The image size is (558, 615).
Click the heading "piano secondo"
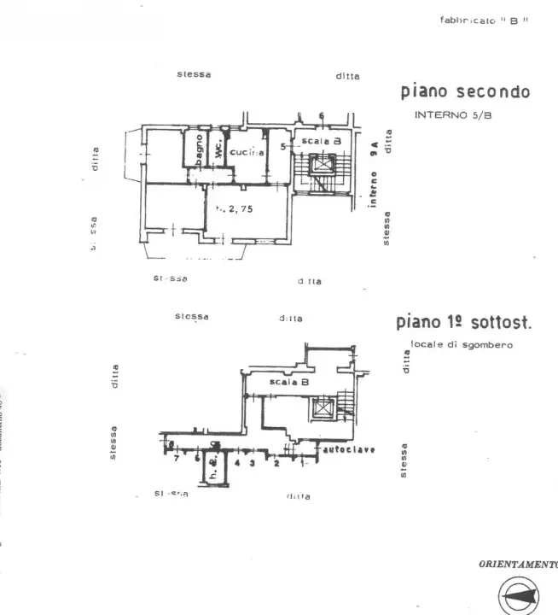coord(465,92)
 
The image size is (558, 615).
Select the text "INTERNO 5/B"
coord(452,114)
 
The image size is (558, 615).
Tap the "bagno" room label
coord(198,149)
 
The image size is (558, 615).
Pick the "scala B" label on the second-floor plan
coord(321,140)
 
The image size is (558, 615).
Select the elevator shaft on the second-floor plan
coord(322,164)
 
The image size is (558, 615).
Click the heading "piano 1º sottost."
coord(463,323)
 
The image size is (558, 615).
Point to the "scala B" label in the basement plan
coord(288,382)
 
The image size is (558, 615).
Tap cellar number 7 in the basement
coord(176,459)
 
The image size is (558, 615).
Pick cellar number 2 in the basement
coord(276,464)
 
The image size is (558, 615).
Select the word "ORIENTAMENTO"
coord(518,564)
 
